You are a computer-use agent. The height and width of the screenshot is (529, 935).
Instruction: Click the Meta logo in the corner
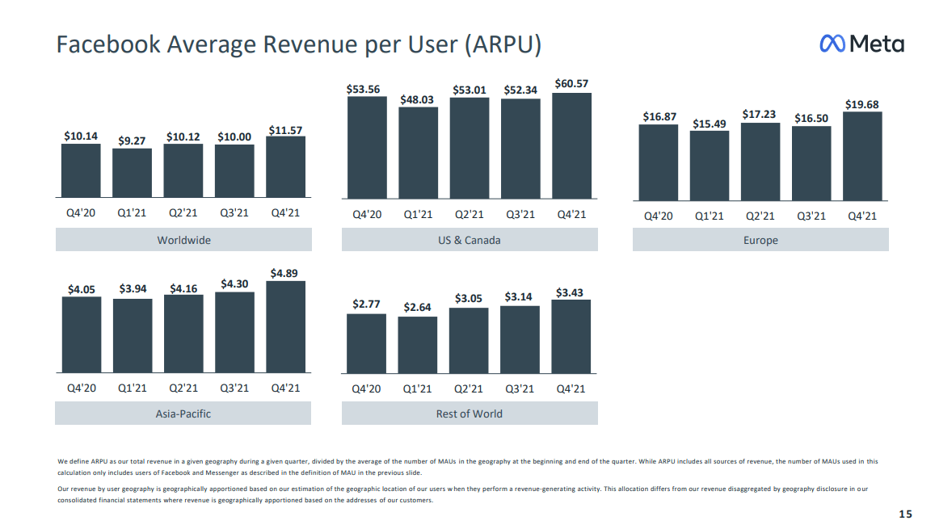[x=861, y=44]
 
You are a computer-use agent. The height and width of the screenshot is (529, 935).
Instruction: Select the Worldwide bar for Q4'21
[x=285, y=166]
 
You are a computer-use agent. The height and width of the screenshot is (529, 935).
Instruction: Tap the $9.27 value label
[x=132, y=141]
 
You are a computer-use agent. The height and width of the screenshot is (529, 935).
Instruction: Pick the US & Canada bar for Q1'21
[x=418, y=153]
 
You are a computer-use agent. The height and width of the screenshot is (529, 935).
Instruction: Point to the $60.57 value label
[x=571, y=83]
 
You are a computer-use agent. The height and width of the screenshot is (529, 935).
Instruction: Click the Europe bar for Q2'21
[x=760, y=161]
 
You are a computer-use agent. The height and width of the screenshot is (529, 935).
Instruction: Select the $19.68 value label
[x=862, y=104]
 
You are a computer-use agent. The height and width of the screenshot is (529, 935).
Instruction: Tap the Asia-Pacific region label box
[x=183, y=414]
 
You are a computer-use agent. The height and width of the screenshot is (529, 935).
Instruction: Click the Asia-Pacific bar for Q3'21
[x=234, y=332]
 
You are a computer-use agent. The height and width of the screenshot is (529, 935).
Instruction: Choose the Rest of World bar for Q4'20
[x=366, y=343]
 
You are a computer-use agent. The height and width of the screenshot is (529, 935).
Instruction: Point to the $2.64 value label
[x=417, y=307]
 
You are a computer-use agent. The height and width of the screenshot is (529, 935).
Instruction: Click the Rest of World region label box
[x=470, y=414]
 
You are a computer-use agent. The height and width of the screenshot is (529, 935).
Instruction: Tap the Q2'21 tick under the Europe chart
[x=760, y=216]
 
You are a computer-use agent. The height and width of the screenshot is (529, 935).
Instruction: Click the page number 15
[x=905, y=514]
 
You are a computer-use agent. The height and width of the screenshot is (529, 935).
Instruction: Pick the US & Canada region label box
[x=470, y=240]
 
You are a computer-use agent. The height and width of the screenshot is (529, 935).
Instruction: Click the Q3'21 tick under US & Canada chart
[x=520, y=215]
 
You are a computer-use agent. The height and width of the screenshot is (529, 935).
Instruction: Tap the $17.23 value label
[x=760, y=115]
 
